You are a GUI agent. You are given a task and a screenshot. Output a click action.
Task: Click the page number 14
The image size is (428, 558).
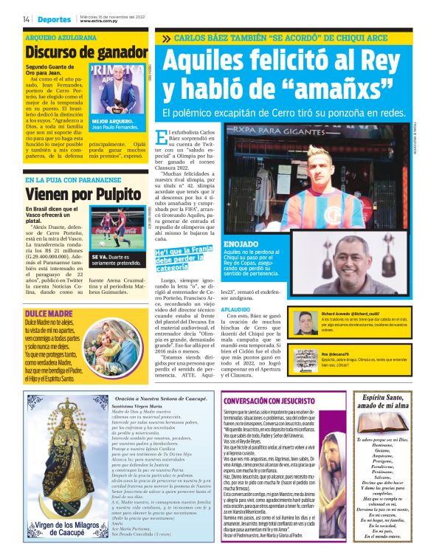(26, 18)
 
